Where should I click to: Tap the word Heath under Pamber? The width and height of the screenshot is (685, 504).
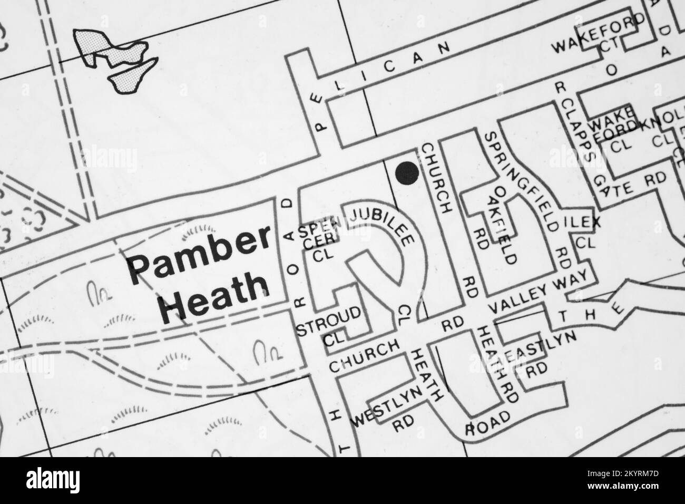click(x=213, y=295)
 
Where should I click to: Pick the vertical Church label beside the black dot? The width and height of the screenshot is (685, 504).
click(x=437, y=177)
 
